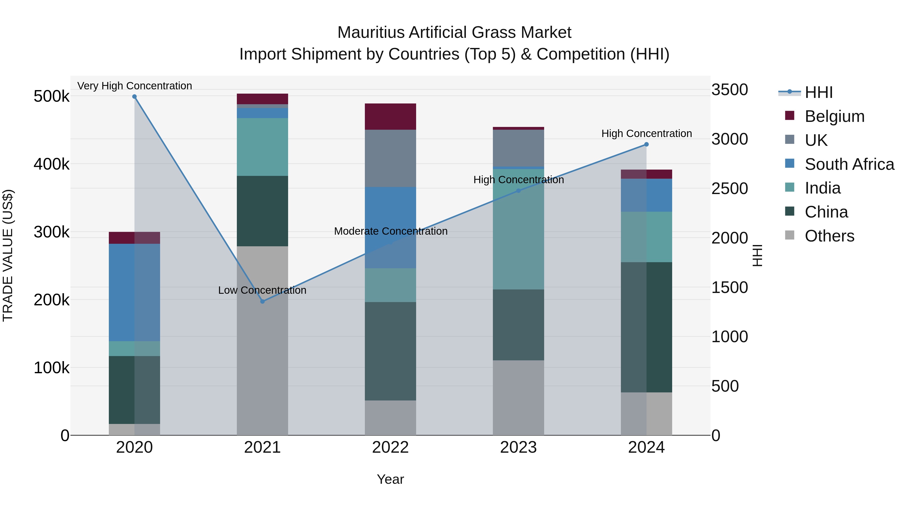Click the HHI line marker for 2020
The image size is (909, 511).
134,97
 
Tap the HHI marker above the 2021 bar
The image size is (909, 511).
262,302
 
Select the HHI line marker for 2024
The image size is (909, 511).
646,144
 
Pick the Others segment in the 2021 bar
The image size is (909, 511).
262,340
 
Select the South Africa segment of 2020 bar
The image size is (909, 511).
134,292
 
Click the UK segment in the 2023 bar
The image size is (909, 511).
518,148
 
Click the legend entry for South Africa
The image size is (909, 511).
849,164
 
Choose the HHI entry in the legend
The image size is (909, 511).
819,92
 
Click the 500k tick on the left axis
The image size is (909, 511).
52,96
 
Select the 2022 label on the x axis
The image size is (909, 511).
390,447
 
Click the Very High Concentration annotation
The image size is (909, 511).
134,86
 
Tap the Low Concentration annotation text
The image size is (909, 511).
262,290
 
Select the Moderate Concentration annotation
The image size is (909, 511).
391,231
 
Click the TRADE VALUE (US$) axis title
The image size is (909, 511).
8,255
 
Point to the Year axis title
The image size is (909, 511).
390,479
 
